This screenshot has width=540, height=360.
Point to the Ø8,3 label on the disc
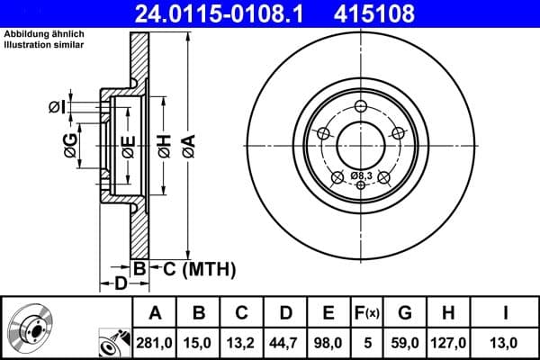pos(362,175)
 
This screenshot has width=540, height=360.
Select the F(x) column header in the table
pos(369,313)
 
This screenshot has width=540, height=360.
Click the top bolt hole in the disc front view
pos(361,108)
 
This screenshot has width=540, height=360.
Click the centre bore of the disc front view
pos(361,143)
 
